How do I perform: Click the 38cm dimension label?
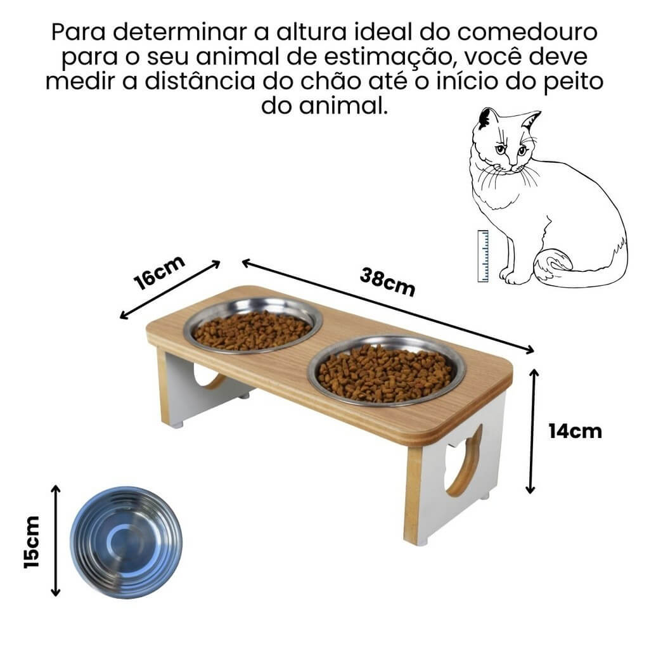tap(387, 282)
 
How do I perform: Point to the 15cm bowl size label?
tap(32, 541)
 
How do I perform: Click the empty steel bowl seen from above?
tap(125, 542)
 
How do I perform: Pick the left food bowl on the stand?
tap(252, 326)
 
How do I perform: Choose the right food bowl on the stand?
tap(385, 372)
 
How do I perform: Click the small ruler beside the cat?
tap(483, 256)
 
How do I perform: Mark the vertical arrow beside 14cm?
tap(531, 431)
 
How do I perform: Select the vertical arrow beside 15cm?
tap(56, 541)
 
